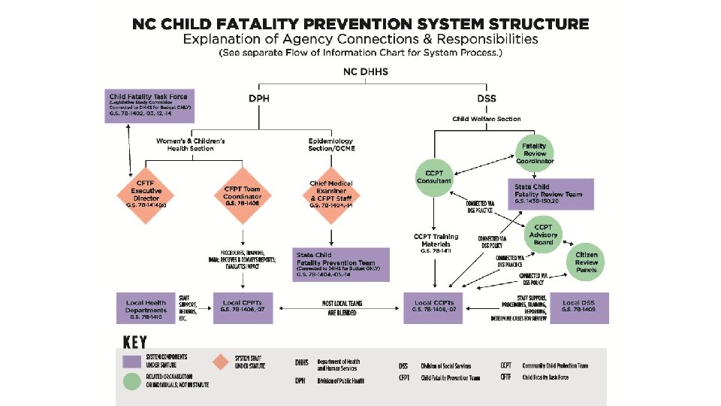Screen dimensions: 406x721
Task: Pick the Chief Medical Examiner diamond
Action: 330,192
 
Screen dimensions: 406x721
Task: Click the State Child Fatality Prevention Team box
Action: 341,265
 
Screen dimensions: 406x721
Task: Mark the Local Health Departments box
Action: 146,308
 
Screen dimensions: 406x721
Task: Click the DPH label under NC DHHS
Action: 258,98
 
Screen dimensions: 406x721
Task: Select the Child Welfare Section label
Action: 486,119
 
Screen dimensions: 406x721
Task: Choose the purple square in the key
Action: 132,361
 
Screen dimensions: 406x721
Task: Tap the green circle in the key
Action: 132,381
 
